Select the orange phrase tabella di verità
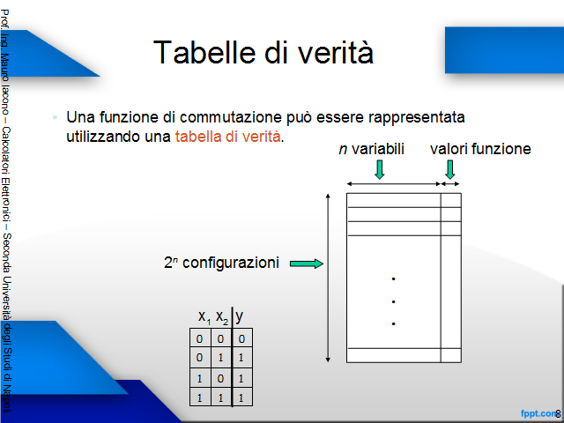[x=227, y=137]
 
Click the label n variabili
[x=372, y=149]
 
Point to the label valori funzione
[x=480, y=149]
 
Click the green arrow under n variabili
[x=380, y=169]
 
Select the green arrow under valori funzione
[x=450, y=169]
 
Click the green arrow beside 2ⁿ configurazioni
[x=307, y=263]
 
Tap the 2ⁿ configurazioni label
[x=221, y=263]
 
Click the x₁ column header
[x=204, y=317]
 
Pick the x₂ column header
[x=222, y=317]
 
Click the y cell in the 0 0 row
[x=241, y=338]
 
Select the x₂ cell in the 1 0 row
[x=221, y=378]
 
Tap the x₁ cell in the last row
[x=200, y=397]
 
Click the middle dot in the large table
[x=394, y=301]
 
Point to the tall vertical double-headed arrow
[x=328, y=278]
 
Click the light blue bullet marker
[x=55, y=117]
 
